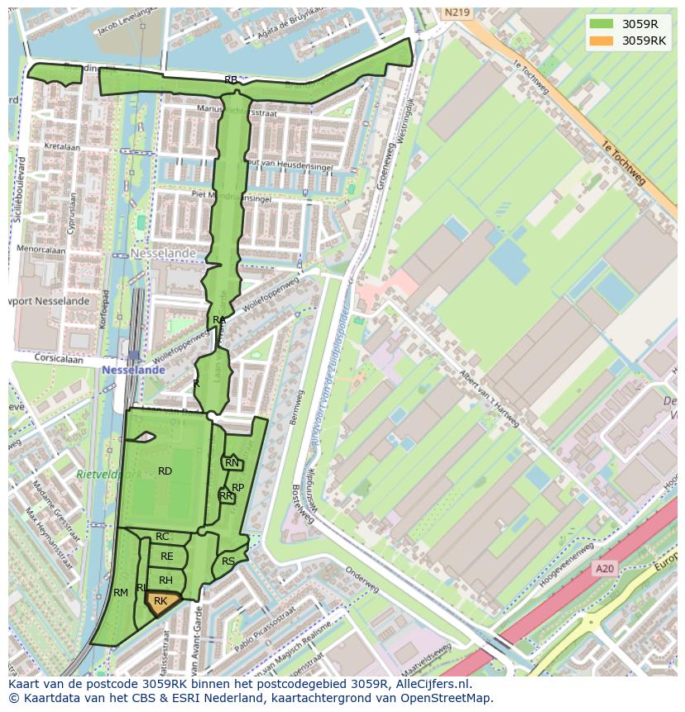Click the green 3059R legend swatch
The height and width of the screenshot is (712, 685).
click(x=602, y=24)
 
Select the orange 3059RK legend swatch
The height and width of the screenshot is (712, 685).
click(x=602, y=41)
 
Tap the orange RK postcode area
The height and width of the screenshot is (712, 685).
click(x=160, y=603)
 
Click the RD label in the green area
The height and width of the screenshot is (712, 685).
click(x=165, y=471)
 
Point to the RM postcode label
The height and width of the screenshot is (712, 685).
click(x=121, y=593)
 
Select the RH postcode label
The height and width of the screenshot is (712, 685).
click(x=165, y=581)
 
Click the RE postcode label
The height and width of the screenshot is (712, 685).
click(x=166, y=557)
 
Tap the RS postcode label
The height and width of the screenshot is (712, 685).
click(x=228, y=561)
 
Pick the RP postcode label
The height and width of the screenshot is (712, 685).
click(x=237, y=488)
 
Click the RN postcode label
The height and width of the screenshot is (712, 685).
click(x=232, y=463)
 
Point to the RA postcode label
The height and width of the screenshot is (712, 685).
click(x=219, y=320)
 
